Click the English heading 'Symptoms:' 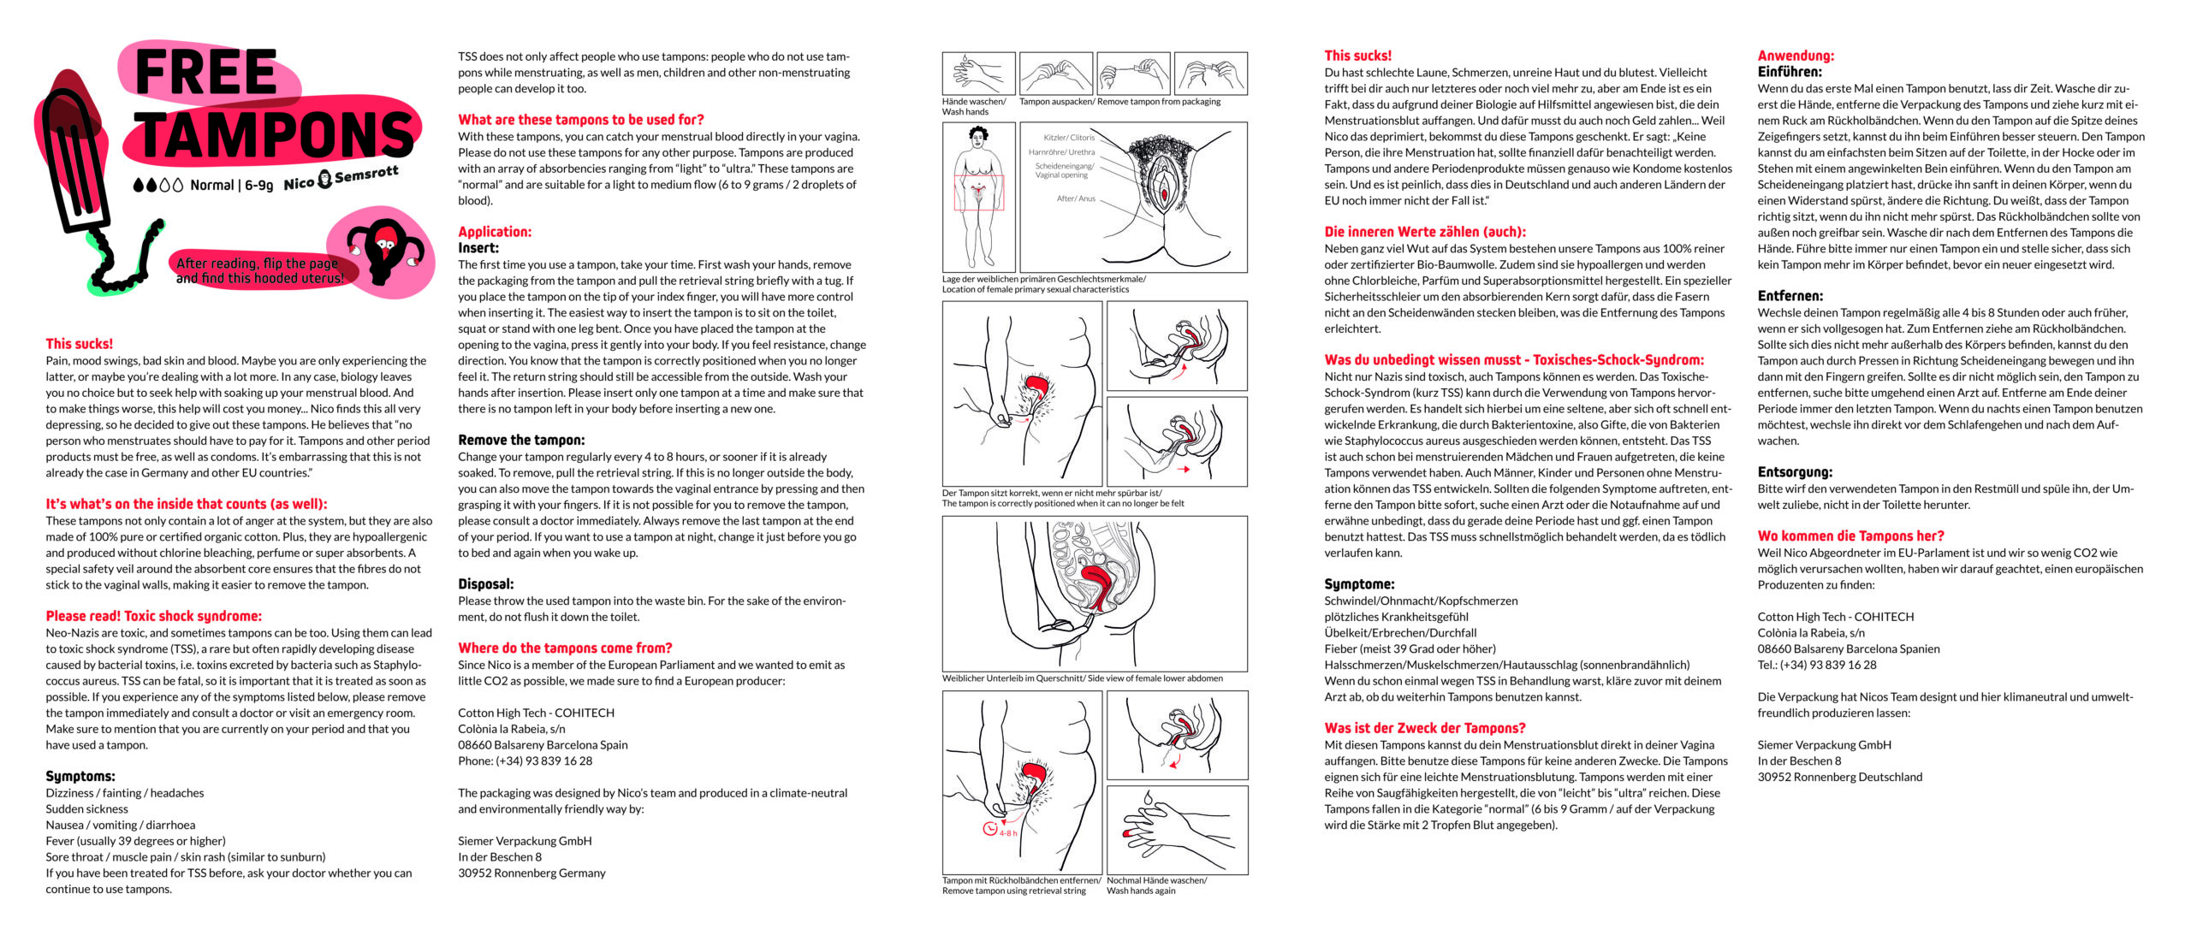coord(80,776)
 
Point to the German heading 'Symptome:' coord(1359,584)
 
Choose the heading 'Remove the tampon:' coord(521,440)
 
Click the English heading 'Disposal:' coord(486,584)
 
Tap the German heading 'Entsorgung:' coord(1793,472)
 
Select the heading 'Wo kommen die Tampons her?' coord(1850,536)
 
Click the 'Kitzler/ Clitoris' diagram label coord(1069,138)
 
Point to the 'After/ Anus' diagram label coord(1076,198)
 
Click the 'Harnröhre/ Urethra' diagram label coord(1062,152)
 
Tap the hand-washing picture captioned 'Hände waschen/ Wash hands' coord(978,74)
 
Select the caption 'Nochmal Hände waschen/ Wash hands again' coord(1156,885)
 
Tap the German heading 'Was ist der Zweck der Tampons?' coord(1425,728)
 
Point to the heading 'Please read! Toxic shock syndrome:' coord(154,616)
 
